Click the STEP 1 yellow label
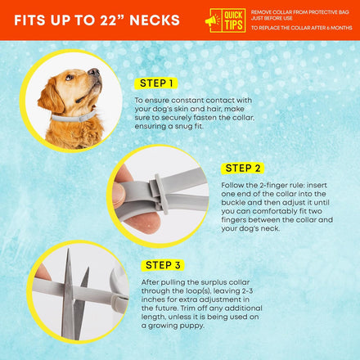(x=156, y=83)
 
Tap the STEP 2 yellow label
(x=242, y=169)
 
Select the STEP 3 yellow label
(x=163, y=265)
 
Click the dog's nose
(x=94, y=72)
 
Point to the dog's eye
(x=70, y=78)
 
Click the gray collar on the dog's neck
(x=74, y=117)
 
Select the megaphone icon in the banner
(x=213, y=20)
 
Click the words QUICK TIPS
(x=233, y=20)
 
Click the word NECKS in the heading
(x=155, y=20)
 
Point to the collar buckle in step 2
(x=160, y=193)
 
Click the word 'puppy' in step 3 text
(x=193, y=326)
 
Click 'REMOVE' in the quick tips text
(x=261, y=12)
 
